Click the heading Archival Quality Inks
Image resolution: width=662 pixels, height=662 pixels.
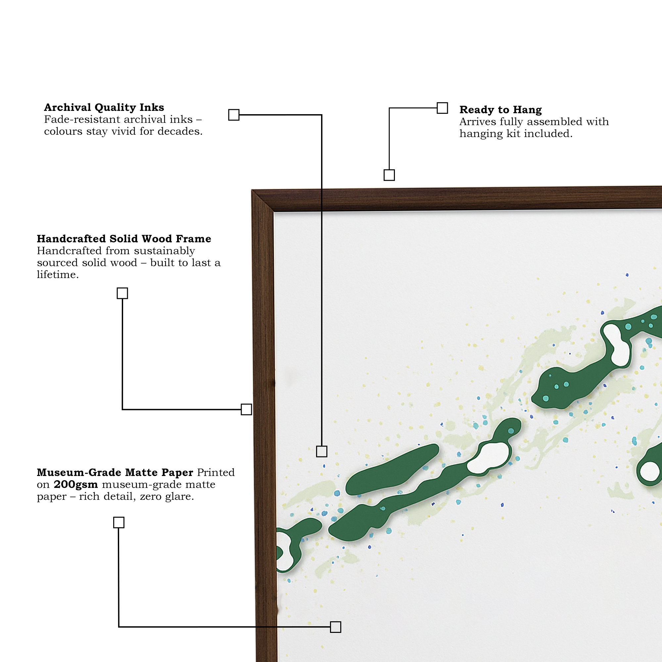point(104,108)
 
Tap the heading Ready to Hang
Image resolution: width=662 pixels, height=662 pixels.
point(500,110)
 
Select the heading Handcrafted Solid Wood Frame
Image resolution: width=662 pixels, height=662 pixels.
point(124,238)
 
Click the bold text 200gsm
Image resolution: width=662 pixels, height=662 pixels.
point(76,484)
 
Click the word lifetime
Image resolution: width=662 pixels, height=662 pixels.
point(58,274)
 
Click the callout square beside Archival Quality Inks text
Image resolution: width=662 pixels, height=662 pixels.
point(234,115)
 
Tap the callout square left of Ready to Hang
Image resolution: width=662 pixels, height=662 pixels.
point(442,108)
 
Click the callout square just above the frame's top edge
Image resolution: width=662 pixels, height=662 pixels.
point(389,175)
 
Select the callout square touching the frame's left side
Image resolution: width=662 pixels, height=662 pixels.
point(246,409)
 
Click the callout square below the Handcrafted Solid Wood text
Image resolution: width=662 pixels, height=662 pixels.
point(122,293)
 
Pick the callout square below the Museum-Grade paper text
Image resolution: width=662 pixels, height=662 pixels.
point(118,523)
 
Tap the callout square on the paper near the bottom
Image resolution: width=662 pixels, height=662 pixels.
point(335,627)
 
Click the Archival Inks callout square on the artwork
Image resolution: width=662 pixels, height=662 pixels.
point(321,451)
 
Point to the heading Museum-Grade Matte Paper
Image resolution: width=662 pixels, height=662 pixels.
point(115,473)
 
